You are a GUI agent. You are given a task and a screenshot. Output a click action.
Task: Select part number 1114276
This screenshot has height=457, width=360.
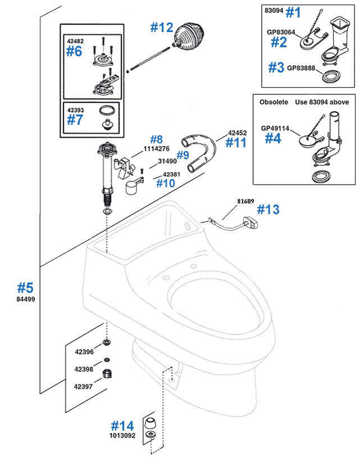tap(156, 149)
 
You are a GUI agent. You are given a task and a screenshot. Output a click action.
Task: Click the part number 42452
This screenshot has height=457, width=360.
tap(237, 133)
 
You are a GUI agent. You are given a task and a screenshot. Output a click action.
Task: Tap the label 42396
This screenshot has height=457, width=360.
tap(84, 352)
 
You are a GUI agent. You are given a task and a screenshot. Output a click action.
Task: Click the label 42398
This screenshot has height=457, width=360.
tap(84, 369)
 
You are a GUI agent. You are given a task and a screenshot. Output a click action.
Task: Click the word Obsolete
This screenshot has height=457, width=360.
tap(274, 102)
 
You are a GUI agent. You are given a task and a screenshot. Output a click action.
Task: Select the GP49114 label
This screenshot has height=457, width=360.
tap(275, 128)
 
